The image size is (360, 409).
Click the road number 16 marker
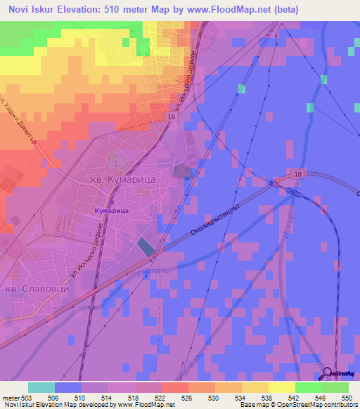[172, 117]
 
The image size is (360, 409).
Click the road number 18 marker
[297, 173]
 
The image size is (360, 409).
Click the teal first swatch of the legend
[41, 387]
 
